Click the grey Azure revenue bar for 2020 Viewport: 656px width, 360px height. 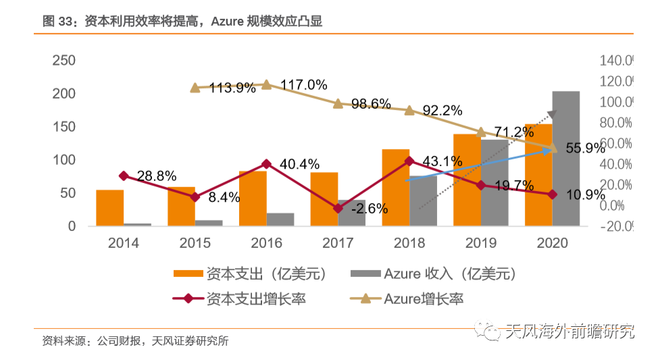tap(566, 158)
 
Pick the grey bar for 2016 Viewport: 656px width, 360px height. tap(280, 220)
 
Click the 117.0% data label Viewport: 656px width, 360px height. tap(303, 85)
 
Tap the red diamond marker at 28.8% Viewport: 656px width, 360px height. tap(124, 176)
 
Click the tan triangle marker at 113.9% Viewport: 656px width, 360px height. tap(195, 87)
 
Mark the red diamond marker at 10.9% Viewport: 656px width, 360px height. tap(553, 195)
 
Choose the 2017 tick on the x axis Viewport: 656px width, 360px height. tap(338, 242)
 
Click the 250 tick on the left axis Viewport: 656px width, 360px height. tap(64, 61)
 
